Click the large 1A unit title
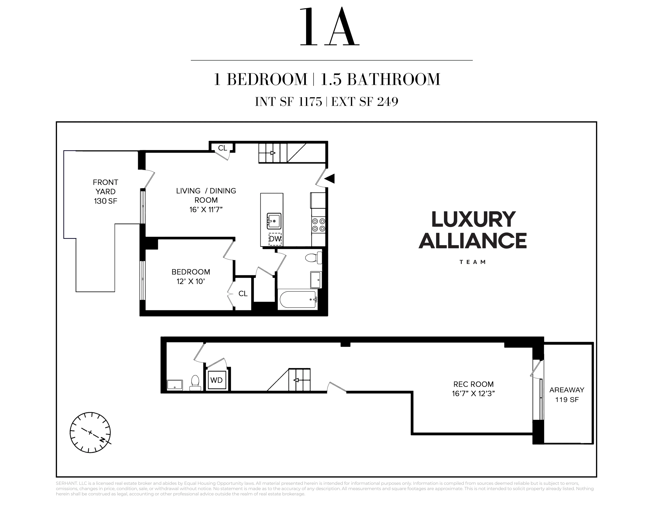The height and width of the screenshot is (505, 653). [x=329, y=28]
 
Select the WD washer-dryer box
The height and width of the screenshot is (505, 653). [x=216, y=380]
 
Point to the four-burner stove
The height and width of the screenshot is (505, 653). [x=318, y=225]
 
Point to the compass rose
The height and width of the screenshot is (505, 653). [x=90, y=432]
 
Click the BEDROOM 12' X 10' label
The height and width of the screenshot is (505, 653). [x=191, y=276]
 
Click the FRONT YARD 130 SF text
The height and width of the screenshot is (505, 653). [x=105, y=191]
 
